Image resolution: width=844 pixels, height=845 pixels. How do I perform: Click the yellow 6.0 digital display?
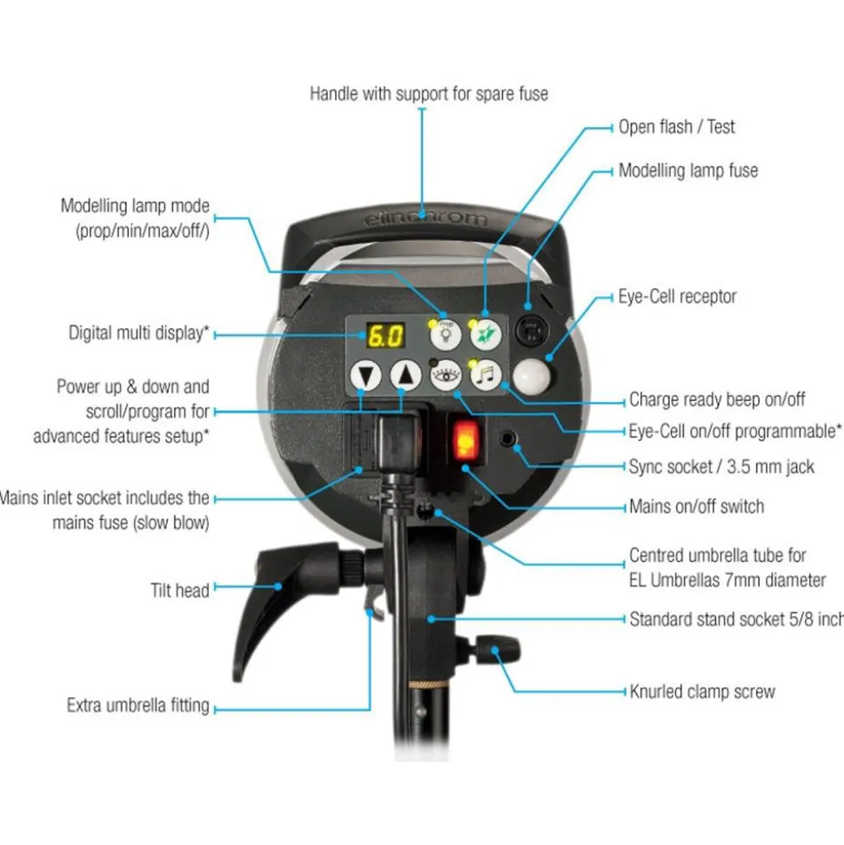tap(385, 336)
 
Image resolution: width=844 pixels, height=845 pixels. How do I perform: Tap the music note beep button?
tap(486, 374)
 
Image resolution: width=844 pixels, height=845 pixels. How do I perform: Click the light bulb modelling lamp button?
tap(445, 334)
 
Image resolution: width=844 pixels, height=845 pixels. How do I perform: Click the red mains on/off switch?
tap(466, 441)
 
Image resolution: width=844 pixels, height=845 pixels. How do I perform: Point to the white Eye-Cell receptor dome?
tap(533, 376)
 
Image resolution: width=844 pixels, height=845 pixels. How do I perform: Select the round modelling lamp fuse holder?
tap(532, 329)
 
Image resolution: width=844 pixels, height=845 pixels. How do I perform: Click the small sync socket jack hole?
tap(507, 439)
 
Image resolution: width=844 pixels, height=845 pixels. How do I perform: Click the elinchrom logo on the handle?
tap(425, 218)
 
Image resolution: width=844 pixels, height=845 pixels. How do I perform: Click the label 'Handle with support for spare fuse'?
tap(429, 94)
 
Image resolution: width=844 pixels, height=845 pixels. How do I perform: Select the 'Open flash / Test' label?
tap(676, 127)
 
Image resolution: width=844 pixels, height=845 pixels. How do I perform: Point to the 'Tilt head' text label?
tap(180, 591)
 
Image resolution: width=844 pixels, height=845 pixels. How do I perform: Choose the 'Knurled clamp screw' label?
tap(702, 692)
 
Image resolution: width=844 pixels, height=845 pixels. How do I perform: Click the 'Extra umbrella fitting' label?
tap(138, 706)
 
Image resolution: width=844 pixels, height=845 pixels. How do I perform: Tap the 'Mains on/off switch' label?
tap(697, 506)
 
